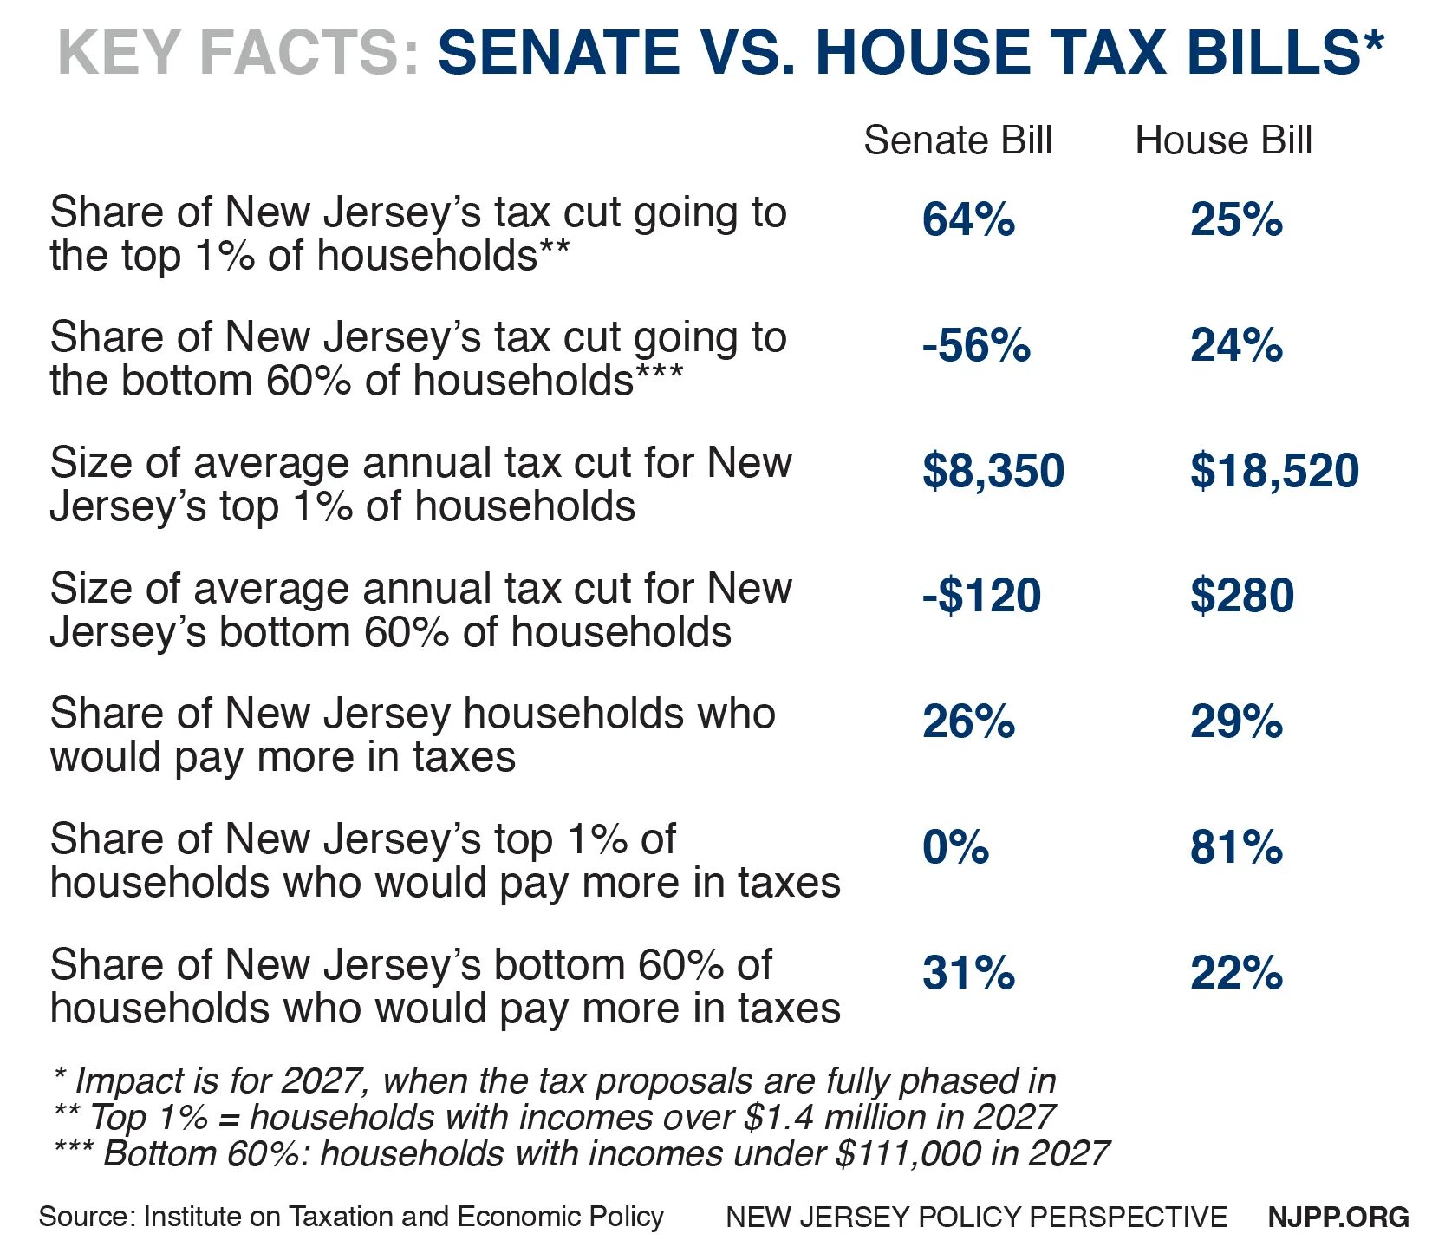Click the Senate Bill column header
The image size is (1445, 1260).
pos(957,140)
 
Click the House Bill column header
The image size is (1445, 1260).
pos(1223,140)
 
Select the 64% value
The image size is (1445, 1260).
pos(968,219)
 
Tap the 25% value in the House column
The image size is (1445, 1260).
pos(1236,219)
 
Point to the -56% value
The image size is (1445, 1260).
pos(976,345)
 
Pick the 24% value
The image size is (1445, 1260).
pos(1236,345)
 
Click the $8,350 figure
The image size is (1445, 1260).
pos(993,471)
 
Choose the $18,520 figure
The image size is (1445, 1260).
pos(1274,471)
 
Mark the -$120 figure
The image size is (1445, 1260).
pos(981,596)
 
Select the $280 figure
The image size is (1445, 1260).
pos(1242,596)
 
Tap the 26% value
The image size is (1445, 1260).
pos(968,721)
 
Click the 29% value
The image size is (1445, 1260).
pos(1236,721)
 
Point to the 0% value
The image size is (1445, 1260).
pos(955,847)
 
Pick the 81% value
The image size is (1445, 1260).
pos(1236,847)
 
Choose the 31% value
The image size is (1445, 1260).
pos(968,973)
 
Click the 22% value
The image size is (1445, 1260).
pos(1236,973)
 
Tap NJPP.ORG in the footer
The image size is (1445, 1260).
pos(1338,1217)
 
